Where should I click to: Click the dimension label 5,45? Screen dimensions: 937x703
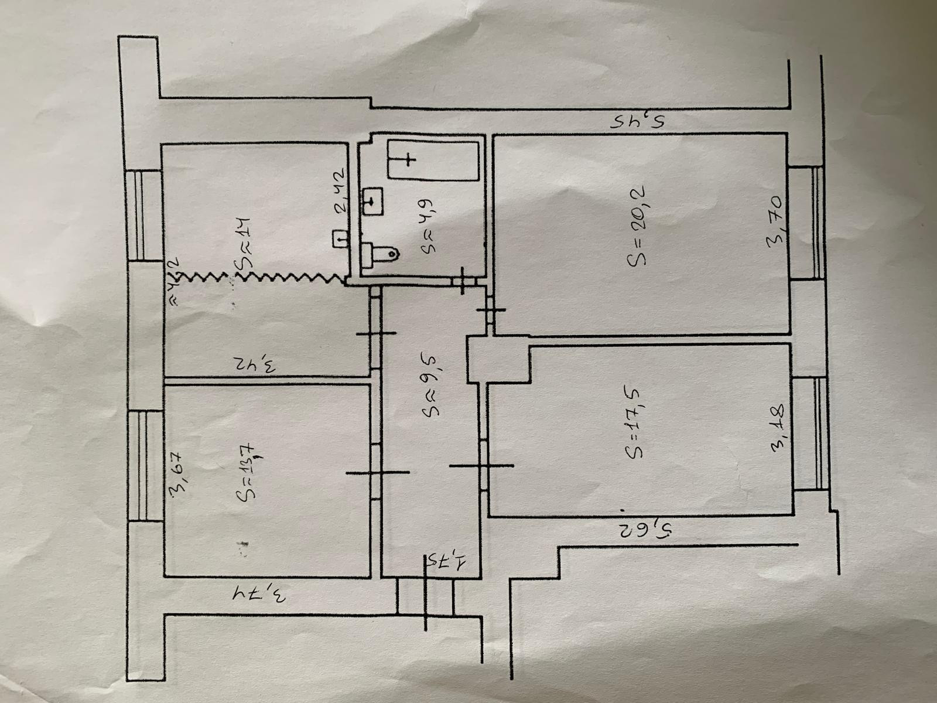[640, 122]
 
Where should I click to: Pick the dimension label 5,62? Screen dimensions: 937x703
[642, 531]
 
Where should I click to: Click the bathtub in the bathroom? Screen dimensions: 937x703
[433, 160]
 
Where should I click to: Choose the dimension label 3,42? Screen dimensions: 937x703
[255, 364]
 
